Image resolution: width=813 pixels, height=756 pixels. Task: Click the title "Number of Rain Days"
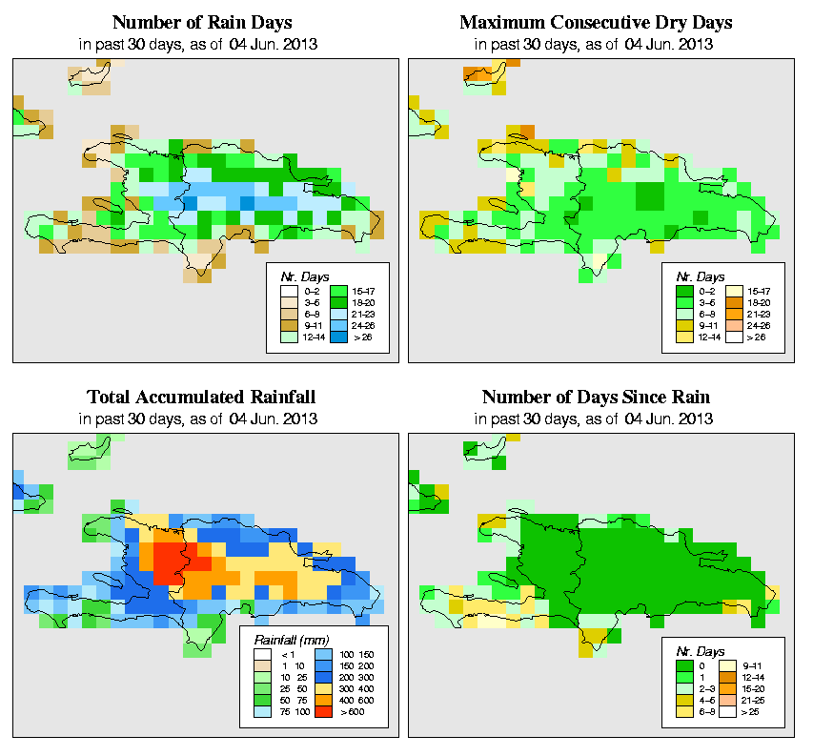(201, 22)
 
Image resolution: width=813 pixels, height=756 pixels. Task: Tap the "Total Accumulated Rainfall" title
(201, 397)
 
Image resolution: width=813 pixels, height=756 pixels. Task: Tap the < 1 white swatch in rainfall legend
(261, 655)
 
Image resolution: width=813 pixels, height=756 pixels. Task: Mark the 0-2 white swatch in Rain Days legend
(289, 290)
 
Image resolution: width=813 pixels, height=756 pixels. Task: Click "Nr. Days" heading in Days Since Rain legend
(693, 650)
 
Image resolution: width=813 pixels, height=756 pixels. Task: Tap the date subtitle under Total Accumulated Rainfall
(201, 418)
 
